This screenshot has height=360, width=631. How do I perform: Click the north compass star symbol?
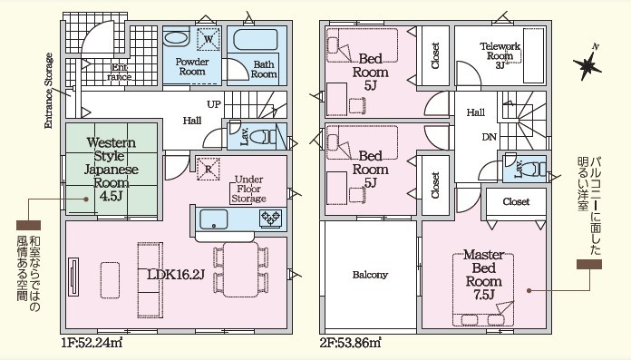[587, 65]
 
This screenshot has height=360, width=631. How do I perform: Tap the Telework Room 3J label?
[500, 55]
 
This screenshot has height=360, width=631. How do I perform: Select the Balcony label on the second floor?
[370, 275]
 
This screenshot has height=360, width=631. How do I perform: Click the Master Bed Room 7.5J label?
[484, 275]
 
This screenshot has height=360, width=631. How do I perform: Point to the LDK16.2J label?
[176, 275]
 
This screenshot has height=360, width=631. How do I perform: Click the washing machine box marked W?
[209, 39]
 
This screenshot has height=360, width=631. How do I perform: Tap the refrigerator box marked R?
[208, 170]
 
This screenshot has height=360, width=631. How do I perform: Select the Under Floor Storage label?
[248, 189]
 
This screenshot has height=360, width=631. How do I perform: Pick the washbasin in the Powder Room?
[176, 39]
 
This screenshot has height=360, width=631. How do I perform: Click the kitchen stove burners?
[271, 219]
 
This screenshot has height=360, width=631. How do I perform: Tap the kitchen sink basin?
[214, 219]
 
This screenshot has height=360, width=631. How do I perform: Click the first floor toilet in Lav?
[263, 137]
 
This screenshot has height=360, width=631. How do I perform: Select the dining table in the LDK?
[241, 269]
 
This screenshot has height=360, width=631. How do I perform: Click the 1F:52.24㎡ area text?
[92, 343]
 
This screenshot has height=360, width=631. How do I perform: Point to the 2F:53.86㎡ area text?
[351, 343]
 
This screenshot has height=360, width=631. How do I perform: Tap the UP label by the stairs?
[214, 104]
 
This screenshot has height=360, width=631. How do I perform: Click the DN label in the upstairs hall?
[490, 137]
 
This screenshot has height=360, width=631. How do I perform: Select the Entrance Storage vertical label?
[49, 91]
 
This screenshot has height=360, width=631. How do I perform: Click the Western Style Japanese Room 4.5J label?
[112, 170]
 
